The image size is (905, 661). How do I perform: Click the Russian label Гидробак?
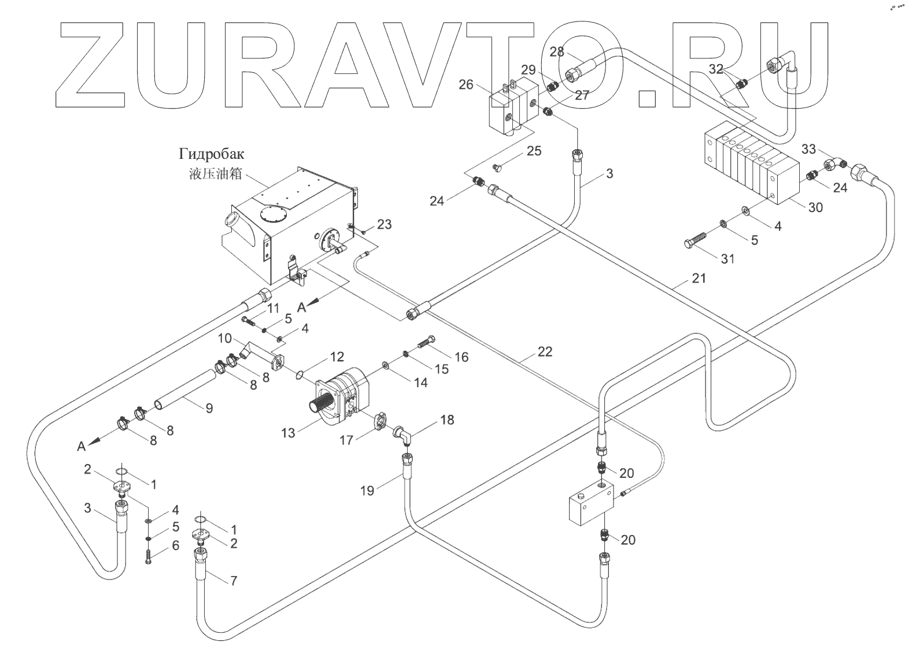coord(212,154)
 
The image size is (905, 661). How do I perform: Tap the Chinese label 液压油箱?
coord(215,174)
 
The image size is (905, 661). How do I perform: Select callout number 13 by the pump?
coord(289,433)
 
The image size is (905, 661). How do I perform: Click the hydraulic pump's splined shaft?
coord(321,399)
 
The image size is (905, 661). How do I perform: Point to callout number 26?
coord(466,85)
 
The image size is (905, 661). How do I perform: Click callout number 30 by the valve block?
coord(815,207)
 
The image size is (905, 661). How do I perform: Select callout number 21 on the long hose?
coord(699,279)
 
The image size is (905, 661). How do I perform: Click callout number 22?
coord(545,351)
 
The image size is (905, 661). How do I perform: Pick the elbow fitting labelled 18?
coord(402,436)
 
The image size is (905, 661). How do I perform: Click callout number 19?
coord(367,491)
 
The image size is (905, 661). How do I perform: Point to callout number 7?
coord(234,581)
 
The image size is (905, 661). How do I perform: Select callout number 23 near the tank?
coord(384,224)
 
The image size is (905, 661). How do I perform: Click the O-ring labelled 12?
coord(299,376)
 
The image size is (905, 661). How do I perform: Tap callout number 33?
coord(808,150)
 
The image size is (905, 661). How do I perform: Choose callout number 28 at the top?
coord(556,52)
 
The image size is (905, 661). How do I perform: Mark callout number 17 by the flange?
coord(346,440)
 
